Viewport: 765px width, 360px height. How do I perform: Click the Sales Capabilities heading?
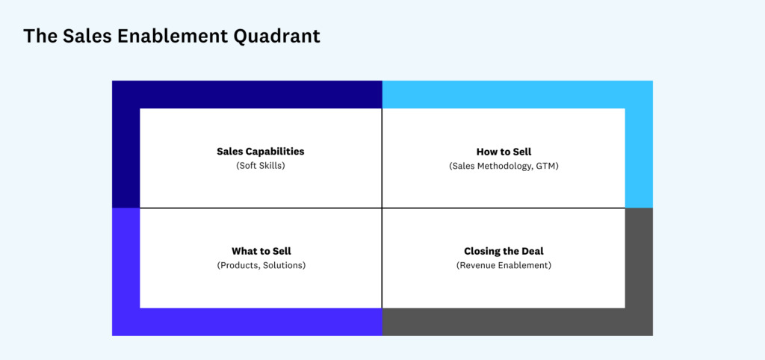click(261, 152)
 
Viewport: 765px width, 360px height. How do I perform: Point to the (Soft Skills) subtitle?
click(261, 166)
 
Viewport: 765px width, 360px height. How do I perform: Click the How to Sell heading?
click(504, 152)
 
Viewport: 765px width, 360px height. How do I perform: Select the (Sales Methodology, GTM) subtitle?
click(504, 166)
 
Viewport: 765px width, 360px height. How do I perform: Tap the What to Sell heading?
click(261, 251)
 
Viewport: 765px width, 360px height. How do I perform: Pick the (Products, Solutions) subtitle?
click(261, 265)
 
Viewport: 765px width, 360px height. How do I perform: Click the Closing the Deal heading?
click(504, 251)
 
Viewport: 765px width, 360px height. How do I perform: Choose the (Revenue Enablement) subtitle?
click(504, 265)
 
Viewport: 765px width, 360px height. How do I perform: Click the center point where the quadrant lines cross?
click(382, 208)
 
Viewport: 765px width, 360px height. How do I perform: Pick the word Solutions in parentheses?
click(283, 265)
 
